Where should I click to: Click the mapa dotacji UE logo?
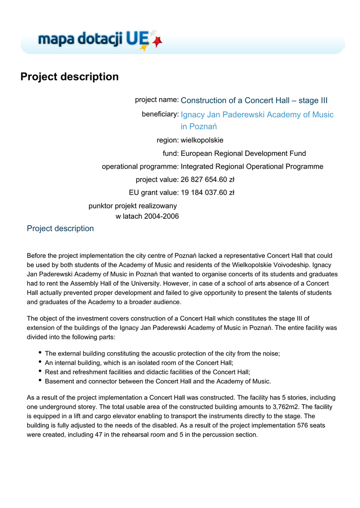pos(99,39)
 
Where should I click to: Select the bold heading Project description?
pos(70,77)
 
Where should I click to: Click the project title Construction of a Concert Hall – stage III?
pos(254,101)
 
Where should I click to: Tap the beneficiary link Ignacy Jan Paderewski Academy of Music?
pos(257,115)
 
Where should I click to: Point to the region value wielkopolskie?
pos(202,140)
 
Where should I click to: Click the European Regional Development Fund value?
pos(243,153)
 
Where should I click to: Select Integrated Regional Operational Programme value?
pos(252,167)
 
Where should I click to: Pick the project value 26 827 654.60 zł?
pos(208,180)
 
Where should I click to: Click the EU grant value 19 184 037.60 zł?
pos(208,192)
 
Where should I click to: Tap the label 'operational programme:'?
pos(140,167)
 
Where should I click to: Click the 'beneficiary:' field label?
pos(160,114)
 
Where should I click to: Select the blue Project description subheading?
pos(60,229)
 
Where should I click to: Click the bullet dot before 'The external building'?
pos(39,353)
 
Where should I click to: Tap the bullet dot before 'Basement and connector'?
pos(39,381)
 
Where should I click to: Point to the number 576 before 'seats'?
pos(303,425)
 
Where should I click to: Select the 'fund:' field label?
pos(170,153)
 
